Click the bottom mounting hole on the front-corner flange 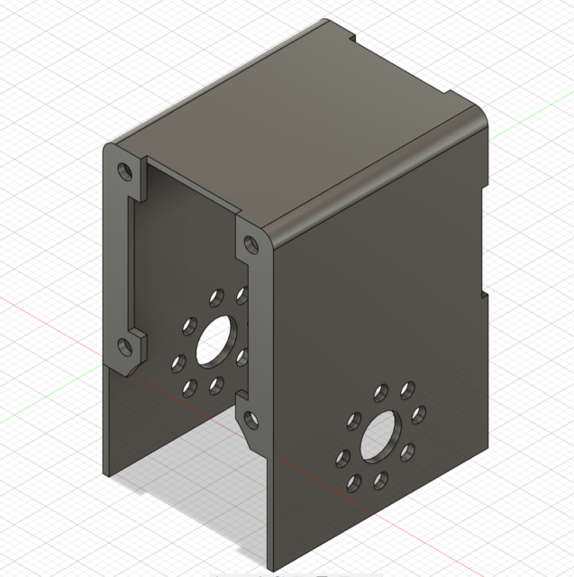click(x=248, y=417)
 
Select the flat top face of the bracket click(x=297, y=135)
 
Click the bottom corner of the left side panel click(x=110, y=474)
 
